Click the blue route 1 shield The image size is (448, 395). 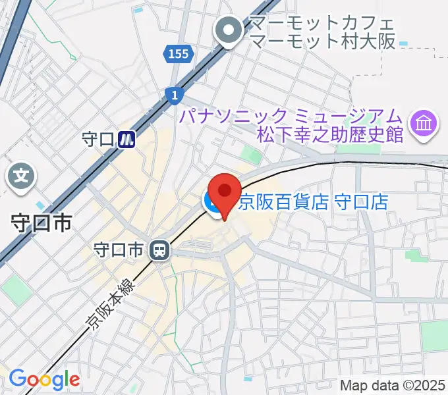pyautogui.click(x=173, y=95)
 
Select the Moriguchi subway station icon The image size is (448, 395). pyautogui.click(x=127, y=139)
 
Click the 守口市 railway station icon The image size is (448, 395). pyautogui.click(x=159, y=250)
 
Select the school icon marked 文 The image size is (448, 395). pyautogui.click(x=22, y=176)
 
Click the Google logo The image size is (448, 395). pyautogui.click(x=44, y=379)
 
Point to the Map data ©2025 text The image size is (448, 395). pyautogui.click(x=393, y=385)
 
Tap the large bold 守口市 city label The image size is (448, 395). pyautogui.click(x=42, y=224)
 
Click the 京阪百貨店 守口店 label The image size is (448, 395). pyautogui.click(x=313, y=201)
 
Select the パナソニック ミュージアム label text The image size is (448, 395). pyautogui.click(x=292, y=116)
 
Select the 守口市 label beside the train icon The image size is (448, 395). pyautogui.click(x=119, y=250)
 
